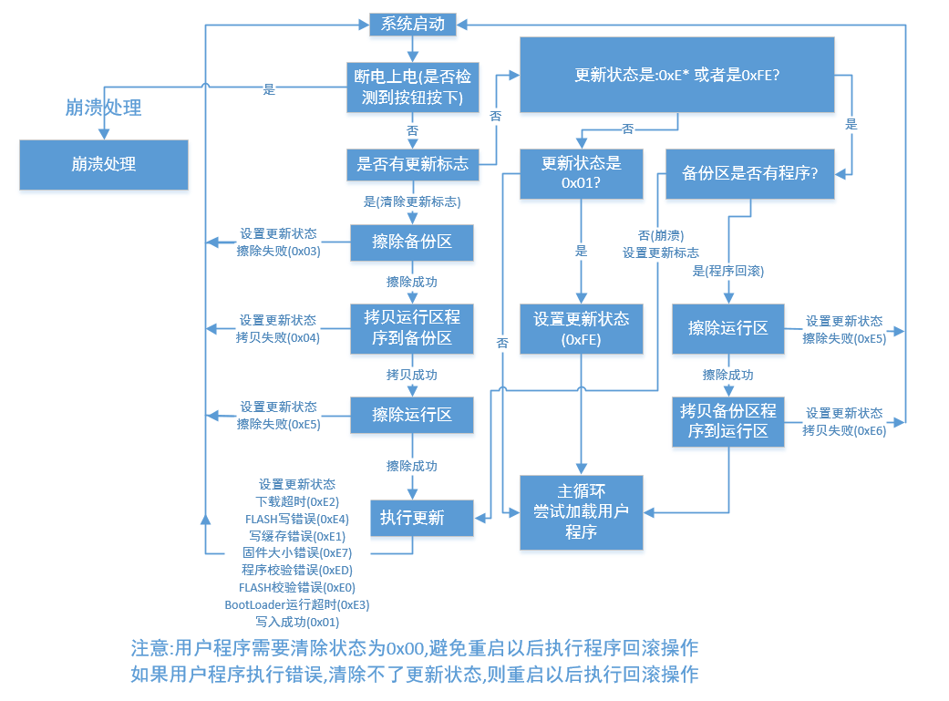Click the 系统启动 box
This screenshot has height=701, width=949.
click(412, 25)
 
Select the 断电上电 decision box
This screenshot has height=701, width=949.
click(412, 88)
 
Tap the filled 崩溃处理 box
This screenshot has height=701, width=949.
click(104, 165)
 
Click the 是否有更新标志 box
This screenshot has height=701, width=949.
click(412, 164)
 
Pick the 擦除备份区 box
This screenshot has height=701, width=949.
click(412, 242)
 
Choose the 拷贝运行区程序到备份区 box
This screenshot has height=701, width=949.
click(412, 328)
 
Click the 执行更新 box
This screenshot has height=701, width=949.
click(412, 518)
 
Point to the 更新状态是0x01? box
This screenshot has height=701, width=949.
click(581, 173)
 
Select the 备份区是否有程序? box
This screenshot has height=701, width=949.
click(750, 173)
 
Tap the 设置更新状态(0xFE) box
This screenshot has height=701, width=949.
click(581, 329)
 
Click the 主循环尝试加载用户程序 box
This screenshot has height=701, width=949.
click(581, 511)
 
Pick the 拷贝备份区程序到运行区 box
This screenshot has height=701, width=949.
click(728, 421)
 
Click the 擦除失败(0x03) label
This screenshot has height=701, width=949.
click(278, 251)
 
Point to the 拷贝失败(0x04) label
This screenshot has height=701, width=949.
click(278, 337)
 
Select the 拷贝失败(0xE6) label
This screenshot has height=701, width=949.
click(844, 430)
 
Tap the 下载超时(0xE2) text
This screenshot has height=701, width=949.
click(297, 501)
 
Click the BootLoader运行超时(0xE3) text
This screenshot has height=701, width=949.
click(297, 604)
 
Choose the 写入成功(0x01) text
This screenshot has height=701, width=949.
click(297, 622)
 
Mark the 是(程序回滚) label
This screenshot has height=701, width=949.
click(728, 271)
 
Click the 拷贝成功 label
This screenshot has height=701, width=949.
click(412, 375)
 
